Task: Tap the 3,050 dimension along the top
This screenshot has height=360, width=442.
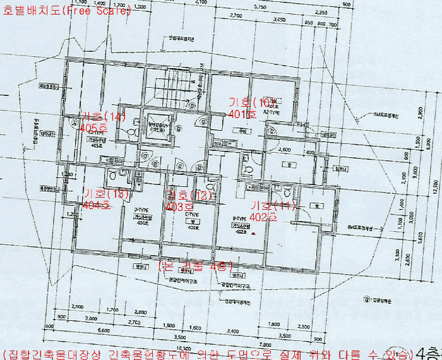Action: coord(276,20)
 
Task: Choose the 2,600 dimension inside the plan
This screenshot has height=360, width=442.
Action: coord(284,150)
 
